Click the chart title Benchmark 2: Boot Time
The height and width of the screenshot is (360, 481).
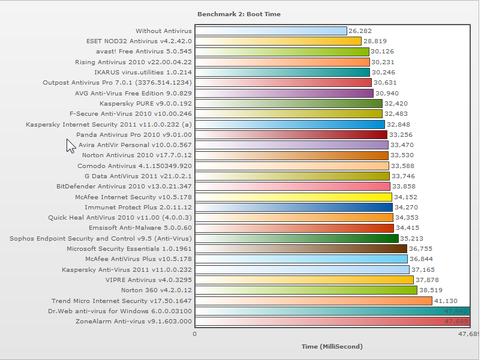tap(239, 14)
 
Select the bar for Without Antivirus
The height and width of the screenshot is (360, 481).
tap(271, 31)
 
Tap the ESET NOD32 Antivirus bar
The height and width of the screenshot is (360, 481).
tap(278, 41)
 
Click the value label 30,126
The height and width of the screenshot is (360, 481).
tap(383, 52)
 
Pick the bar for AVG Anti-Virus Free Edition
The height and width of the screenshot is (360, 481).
tap(284, 93)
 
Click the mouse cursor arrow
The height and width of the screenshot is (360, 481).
tap(70, 146)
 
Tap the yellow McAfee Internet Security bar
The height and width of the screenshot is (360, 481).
tap(294, 197)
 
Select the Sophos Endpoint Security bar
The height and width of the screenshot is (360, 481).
tap(297, 238)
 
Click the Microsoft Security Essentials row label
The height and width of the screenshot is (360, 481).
tap(129, 248)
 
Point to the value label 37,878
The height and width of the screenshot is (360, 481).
tap(427, 280)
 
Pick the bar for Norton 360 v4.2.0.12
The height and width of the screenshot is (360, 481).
tap(306, 290)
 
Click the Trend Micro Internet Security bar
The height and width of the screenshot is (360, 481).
tap(314, 301)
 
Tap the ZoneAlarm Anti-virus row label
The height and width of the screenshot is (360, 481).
tap(134, 321)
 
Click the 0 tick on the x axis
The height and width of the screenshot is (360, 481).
tap(194, 334)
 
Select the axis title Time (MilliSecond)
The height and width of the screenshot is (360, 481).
tap(332, 347)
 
